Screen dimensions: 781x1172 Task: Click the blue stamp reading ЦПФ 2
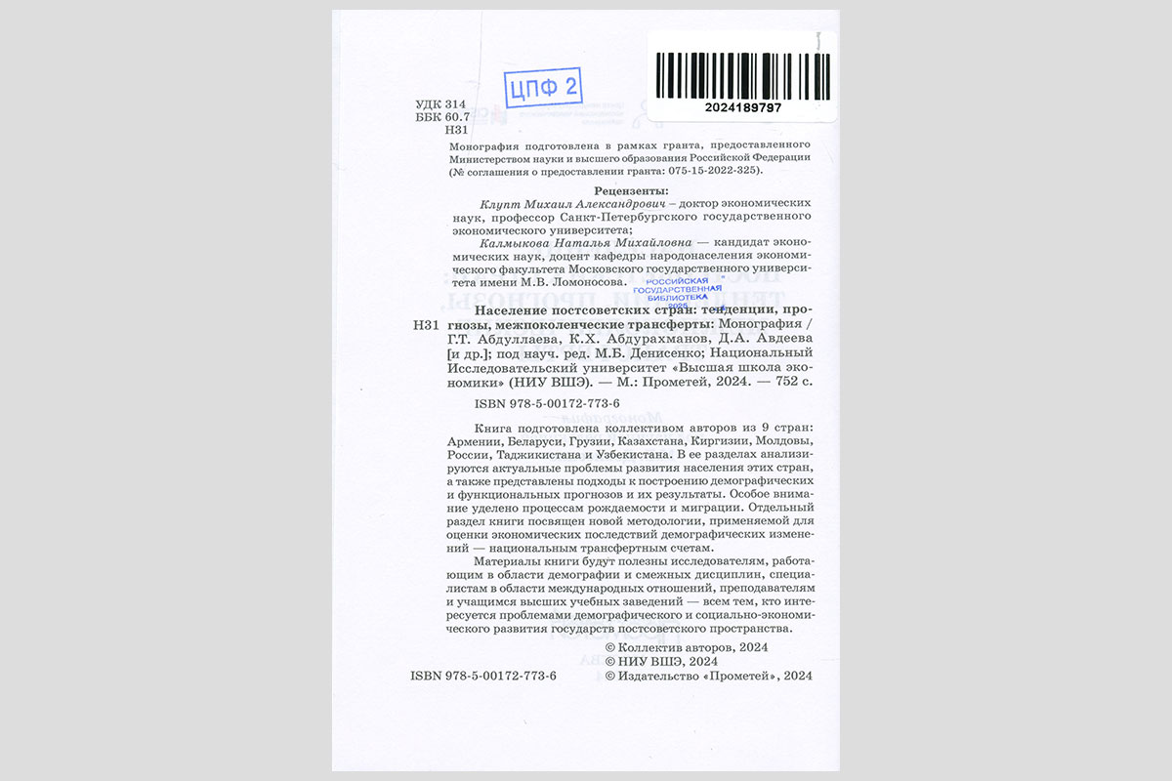pos(543,87)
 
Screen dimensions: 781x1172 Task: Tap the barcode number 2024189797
pos(742,107)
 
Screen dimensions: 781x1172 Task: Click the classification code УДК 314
pos(440,104)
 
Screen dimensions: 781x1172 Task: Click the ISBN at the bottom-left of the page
pos(483,676)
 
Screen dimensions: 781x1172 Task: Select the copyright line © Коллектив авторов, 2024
pos(688,647)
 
